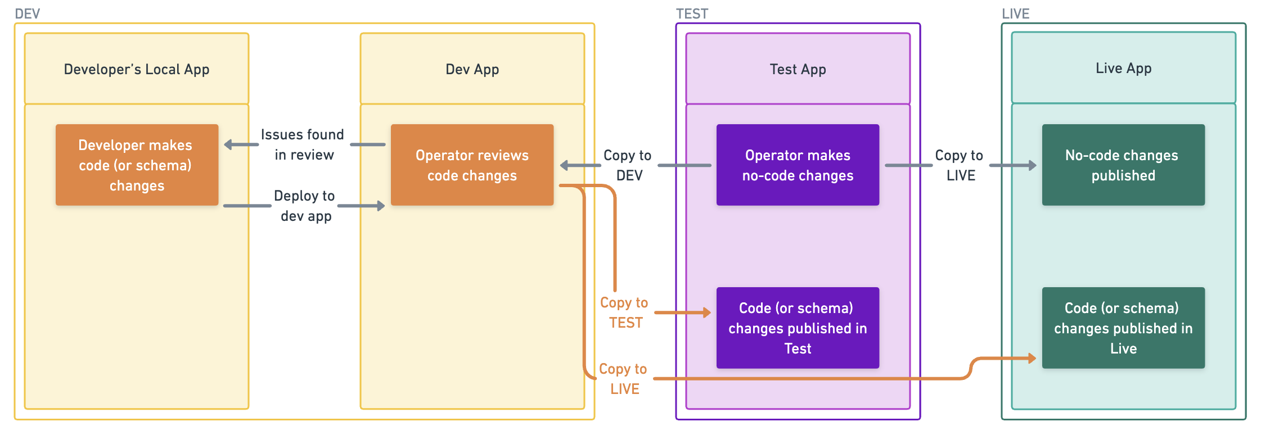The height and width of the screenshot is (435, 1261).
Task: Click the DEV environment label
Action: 27,13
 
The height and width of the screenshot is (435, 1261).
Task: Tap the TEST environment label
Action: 692,13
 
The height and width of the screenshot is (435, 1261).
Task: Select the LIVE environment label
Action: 1015,13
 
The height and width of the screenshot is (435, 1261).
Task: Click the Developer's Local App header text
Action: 137,69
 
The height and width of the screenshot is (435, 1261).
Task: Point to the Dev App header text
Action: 472,69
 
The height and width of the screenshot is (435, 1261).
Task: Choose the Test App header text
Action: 798,69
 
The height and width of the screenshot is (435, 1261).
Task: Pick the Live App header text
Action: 1123,68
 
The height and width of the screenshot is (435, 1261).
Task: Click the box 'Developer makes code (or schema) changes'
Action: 137,165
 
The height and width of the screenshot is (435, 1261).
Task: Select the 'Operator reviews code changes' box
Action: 472,165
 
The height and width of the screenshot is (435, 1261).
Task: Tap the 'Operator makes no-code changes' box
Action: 798,165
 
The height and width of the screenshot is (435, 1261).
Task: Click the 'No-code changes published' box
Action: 1123,165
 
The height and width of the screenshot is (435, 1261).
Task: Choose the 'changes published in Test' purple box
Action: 798,328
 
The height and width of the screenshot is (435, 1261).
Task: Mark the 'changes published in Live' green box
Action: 1123,328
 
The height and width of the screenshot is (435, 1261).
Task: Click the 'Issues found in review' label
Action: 303,144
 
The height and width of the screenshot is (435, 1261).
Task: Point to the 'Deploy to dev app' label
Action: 305,206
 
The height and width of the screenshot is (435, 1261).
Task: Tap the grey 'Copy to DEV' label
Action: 628,165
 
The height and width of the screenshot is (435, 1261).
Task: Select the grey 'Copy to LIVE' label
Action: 960,165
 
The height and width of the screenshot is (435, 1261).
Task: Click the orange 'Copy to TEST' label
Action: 624,312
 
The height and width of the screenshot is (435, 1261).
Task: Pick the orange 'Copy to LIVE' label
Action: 623,379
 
